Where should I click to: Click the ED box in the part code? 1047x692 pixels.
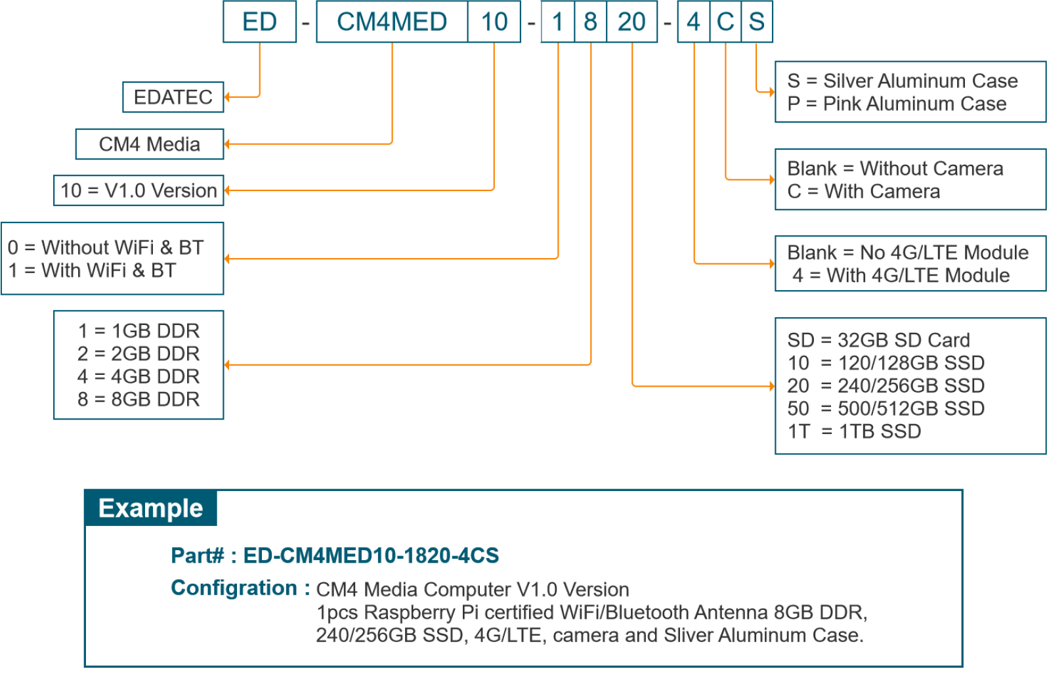pos(259,22)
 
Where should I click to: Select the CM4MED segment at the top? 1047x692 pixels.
pos(392,22)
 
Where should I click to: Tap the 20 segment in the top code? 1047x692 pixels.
pos(631,22)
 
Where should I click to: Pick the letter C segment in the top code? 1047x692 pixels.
pos(725,22)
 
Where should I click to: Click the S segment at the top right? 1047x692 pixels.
pos(757,22)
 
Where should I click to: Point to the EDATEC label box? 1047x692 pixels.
pos(173,97)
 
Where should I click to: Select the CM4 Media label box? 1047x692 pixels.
pos(150,144)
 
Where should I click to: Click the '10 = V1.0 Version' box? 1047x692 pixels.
pos(139,190)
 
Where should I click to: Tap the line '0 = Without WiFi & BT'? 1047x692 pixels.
pos(106,248)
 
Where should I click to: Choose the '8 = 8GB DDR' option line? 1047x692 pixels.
pos(139,399)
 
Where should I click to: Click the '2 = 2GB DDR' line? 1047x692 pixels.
pos(139,354)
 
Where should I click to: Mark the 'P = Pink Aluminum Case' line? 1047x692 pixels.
pos(897,104)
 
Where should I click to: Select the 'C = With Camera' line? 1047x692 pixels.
pos(864,192)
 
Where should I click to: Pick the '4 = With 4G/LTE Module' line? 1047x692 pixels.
pos(901,276)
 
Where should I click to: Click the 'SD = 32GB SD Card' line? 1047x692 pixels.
pos(878,340)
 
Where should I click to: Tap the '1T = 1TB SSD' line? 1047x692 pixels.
pos(854,431)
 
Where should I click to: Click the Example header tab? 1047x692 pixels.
pos(151,508)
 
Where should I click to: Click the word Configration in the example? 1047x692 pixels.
pos(234,588)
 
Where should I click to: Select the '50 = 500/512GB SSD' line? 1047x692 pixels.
pos(886,408)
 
